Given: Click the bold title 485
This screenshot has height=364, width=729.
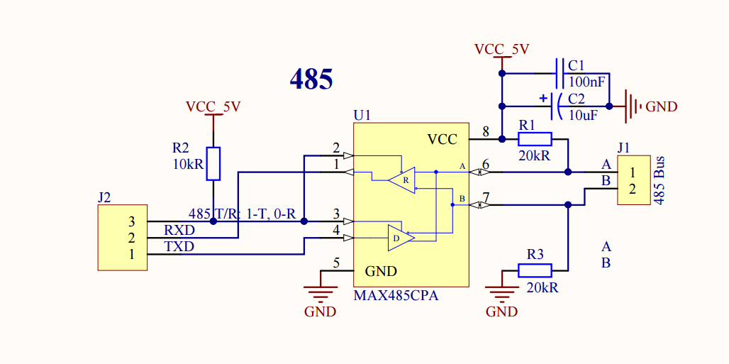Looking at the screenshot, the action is (311, 79).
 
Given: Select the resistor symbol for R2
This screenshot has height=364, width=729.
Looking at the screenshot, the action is (213, 163).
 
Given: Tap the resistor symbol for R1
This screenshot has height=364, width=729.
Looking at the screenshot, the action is (535, 139).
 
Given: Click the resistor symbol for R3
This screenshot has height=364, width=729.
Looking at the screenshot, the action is (535, 270).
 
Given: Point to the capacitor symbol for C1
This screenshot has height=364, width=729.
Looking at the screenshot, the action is (561, 74).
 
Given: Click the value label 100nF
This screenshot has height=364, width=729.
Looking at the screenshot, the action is (587, 82).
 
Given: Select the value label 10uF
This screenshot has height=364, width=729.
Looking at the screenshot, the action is (584, 115).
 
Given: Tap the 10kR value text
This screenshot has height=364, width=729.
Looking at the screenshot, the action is (187, 163).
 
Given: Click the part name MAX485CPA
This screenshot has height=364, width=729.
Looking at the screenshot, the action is (396, 296).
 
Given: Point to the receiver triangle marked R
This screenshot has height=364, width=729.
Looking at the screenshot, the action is (401, 180).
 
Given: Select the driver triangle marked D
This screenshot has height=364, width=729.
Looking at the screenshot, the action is (401, 238).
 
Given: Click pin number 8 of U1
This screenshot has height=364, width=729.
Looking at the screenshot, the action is (486, 132).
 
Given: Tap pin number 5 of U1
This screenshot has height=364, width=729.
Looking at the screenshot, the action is (336, 263).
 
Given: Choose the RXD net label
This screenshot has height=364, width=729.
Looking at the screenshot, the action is (179, 230).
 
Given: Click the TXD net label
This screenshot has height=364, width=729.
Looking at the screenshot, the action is (179, 246).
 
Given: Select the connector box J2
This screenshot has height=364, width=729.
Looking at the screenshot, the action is (122, 238).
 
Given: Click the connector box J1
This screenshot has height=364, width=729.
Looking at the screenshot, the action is (633, 180).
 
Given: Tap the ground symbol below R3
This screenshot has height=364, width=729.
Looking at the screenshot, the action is (501, 292).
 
